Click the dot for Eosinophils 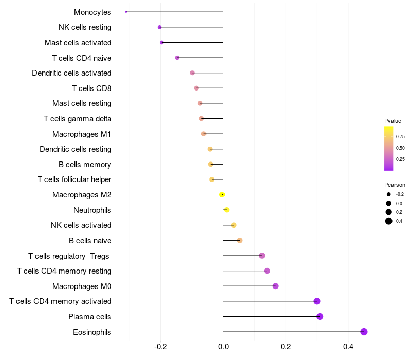pos(364,332)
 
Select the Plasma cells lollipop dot pos(320,316)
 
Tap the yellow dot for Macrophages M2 pos(222,194)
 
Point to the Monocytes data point pos(126,12)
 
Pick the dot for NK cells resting pos(159,27)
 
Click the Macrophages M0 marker pos(276,286)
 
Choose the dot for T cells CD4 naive pos(177,58)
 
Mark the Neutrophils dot pos(227,210)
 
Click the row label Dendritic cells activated pos(71,73)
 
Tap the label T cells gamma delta pos(78,119)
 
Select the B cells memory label pos(85,165)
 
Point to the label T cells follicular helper pos(74,179)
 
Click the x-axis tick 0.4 pos(348,346)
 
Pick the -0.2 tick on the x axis pos(160,346)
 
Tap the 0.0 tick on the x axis pos(223,346)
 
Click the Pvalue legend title pos(393,121)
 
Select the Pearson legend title pos(395,185)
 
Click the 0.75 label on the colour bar pos(400,137)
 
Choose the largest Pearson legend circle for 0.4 pos(389,221)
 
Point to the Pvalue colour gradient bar pos(389,148)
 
